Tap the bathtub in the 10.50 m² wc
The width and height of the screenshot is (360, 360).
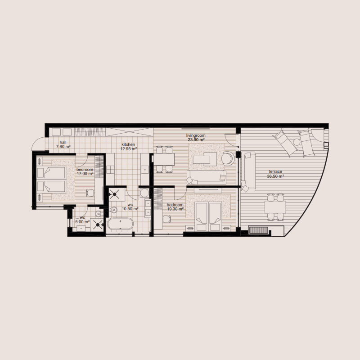[120, 224]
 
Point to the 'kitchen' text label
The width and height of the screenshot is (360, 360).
[128, 144]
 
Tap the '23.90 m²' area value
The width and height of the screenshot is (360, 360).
[196, 140]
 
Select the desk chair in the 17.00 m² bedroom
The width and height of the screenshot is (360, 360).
[90, 193]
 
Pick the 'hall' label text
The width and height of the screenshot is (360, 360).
[63, 142]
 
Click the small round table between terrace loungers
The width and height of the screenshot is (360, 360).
[296, 142]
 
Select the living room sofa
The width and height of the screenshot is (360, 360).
[206, 176]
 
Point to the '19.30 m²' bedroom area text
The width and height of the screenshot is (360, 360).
[175, 209]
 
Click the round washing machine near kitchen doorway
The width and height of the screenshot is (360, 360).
[144, 193]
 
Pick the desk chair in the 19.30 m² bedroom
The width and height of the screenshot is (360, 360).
[166, 219]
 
